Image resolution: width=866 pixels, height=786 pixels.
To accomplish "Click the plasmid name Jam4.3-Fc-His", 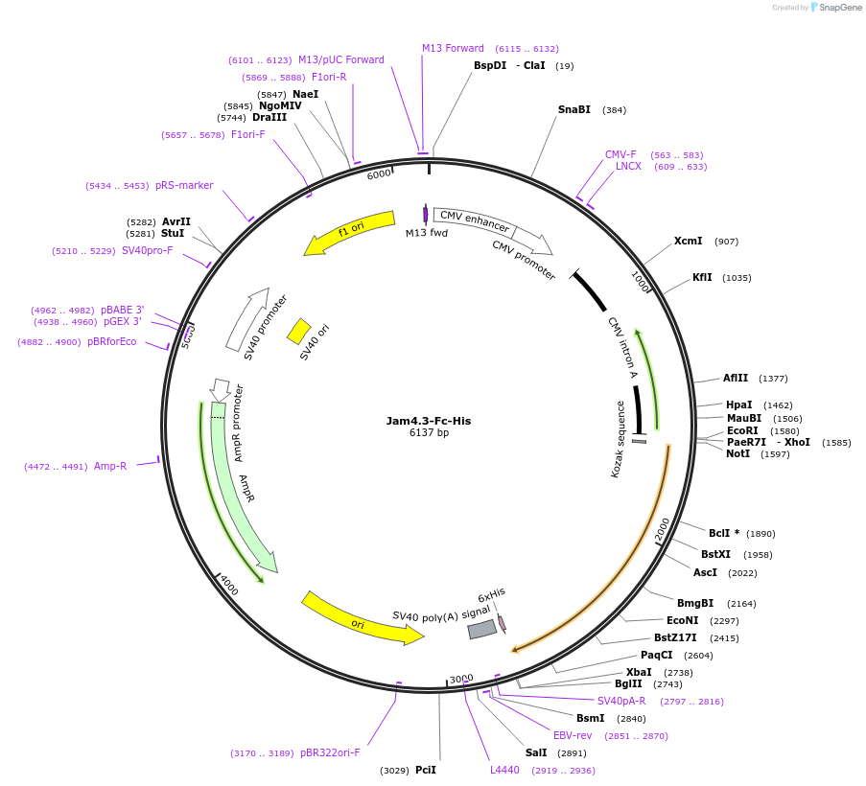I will pos(429,420).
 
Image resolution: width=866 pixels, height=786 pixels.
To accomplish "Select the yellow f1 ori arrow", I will pos(351,232).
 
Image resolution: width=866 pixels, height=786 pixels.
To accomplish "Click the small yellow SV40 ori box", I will pos(298,332).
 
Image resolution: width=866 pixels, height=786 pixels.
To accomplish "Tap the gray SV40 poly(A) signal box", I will pos(481,629).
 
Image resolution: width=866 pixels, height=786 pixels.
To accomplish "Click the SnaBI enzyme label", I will pos(574,109).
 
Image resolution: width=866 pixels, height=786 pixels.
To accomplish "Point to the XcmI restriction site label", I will pos(688,241).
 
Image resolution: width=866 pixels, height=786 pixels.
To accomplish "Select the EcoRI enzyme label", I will pos(742,430).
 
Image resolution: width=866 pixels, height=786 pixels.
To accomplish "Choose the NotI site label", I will pos(737,453).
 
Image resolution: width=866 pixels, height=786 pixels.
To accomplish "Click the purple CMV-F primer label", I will pos(620,154).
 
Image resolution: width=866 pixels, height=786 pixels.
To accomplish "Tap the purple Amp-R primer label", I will pos(110,466).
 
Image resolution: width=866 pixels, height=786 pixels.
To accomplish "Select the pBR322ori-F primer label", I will pos(330,752).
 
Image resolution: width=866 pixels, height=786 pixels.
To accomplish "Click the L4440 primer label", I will pos(504,770).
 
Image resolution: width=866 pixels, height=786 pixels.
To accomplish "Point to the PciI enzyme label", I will pos(426,770).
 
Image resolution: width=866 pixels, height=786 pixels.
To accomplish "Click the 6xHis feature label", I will pos(491,593).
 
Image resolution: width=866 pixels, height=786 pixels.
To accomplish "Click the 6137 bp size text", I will pos(429,433).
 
